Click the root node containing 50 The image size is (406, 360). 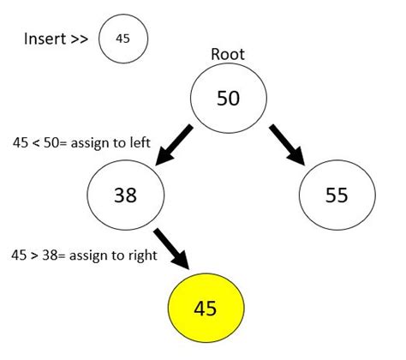[227, 98]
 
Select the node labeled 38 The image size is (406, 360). [125, 195]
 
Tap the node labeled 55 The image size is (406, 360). [336, 195]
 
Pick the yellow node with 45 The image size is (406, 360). [206, 307]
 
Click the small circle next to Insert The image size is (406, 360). [123, 39]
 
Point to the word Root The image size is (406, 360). [228, 54]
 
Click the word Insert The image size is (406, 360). [45, 39]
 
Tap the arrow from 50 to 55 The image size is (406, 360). [288, 142]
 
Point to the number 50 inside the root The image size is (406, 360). [227, 98]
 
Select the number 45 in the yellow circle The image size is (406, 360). [206, 307]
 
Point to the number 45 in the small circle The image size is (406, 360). [123, 39]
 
